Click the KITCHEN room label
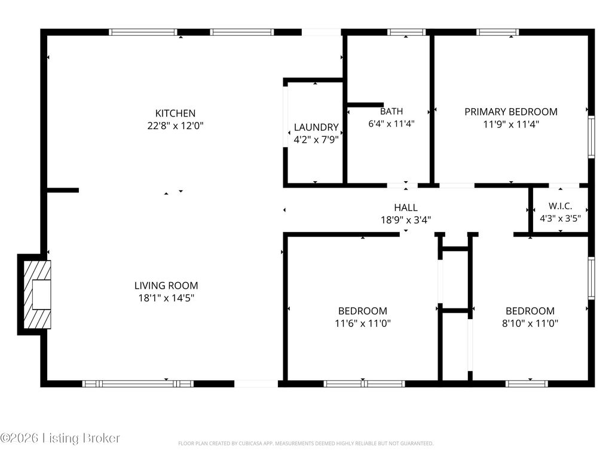pyautogui.click(x=175, y=113)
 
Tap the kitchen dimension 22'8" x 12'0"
pyautogui.click(x=175, y=126)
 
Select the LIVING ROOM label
pyautogui.click(x=166, y=286)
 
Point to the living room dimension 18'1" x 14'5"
pyautogui.click(x=166, y=298)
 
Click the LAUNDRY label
pyautogui.click(x=316, y=127)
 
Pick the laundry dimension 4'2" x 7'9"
pyautogui.click(x=316, y=140)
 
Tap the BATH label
pyautogui.click(x=391, y=111)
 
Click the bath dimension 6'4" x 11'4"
pyautogui.click(x=391, y=124)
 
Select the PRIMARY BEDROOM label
pyautogui.click(x=511, y=111)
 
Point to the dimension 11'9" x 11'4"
pyautogui.click(x=511, y=124)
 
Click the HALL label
pyautogui.click(x=406, y=207)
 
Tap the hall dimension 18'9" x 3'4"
pyautogui.click(x=406, y=220)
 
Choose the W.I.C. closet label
pyautogui.click(x=561, y=206)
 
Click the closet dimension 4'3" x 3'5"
pyautogui.click(x=561, y=218)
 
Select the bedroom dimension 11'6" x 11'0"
pyautogui.click(x=363, y=324)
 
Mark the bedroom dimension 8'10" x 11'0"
pyautogui.click(x=530, y=324)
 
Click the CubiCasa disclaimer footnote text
pyautogui.click(x=305, y=443)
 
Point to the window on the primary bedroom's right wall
pyautogui.click(x=591, y=136)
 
